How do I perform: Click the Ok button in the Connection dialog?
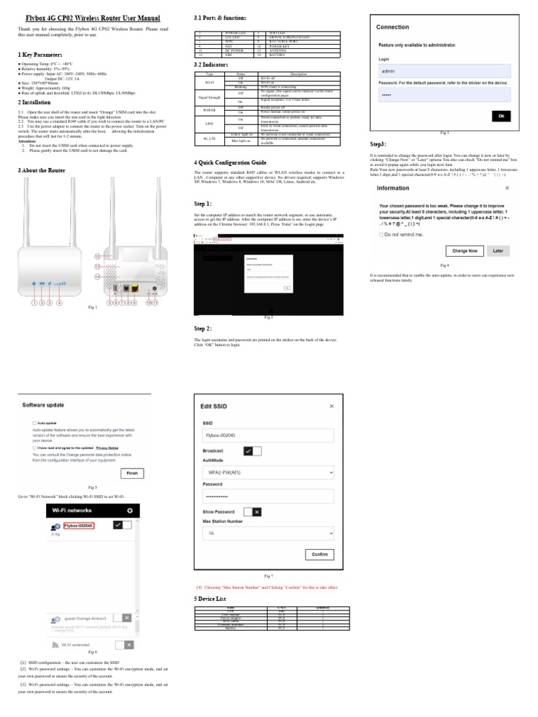pyautogui.click(x=502, y=116)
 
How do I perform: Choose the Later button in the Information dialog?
pyautogui.click(x=497, y=250)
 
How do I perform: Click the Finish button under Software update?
pyautogui.click(x=131, y=473)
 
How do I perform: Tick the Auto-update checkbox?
pyautogui.click(x=34, y=423)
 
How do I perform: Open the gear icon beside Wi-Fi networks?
pyautogui.click(x=129, y=511)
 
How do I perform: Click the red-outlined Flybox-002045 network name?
pyautogui.click(x=78, y=525)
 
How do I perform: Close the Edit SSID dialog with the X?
pyautogui.click(x=331, y=405)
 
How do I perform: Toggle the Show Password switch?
pyautogui.click(x=251, y=512)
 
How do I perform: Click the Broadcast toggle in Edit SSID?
pyautogui.click(x=251, y=452)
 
